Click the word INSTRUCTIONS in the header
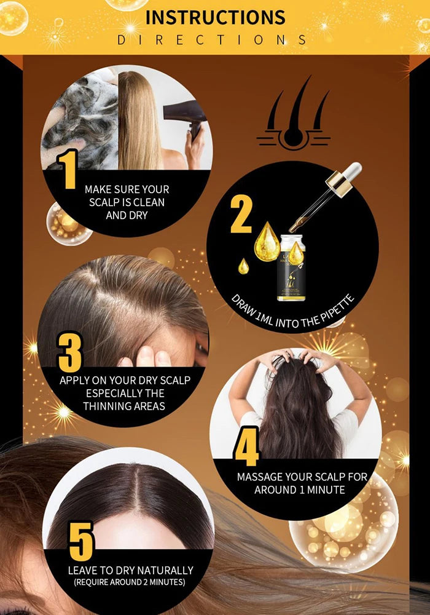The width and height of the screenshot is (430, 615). pyautogui.click(x=215, y=17)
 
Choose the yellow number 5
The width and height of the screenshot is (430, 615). pyautogui.click(x=81, y=541)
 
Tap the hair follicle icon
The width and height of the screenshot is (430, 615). pyautogui.click(x=293, y=117)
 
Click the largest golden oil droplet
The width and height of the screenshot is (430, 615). pyautogui.click(x=267, y=241)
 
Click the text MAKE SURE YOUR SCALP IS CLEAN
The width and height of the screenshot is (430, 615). pyautogui.click(x=127, y=196)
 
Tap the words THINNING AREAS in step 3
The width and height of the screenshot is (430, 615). pyautogui.click(x=125, y=406)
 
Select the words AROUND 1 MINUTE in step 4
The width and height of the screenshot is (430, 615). pyautogui.click(x=299, y=490)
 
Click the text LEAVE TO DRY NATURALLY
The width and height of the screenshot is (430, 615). pyautogui.click(x=130, y=570)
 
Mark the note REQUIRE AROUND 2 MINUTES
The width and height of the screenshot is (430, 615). pyautogui.click(x=130, y=582)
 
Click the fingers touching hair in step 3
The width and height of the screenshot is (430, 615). pyautogui.click(x=145, y=357)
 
